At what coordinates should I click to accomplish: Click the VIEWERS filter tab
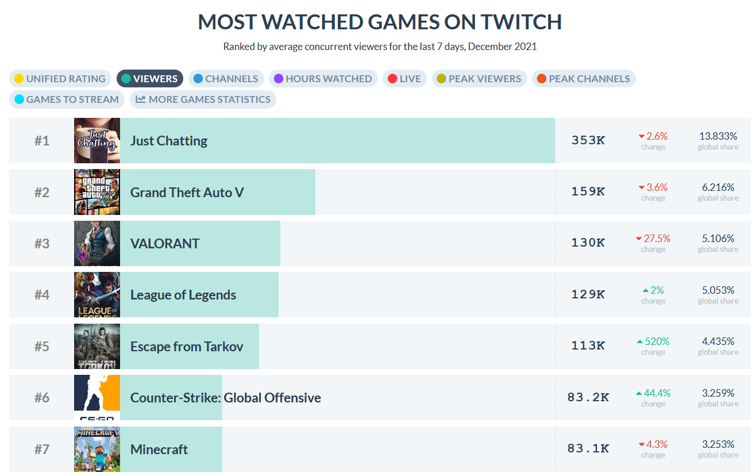[x=150, y=79]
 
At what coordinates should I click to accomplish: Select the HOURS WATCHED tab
[x=323, y=79]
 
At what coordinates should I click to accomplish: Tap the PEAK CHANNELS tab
[x=583, y=79]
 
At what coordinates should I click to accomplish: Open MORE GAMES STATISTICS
[x=203, y=99]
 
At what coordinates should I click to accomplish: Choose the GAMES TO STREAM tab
[x=66, y=99]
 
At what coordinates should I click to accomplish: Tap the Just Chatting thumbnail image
[x=97, y=141]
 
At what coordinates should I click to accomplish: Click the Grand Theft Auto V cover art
[x=97, y=192]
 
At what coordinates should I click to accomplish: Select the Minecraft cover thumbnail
[x=97, y=449]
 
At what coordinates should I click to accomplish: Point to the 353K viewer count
[x=588, y=140]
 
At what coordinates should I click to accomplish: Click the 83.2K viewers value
[x=588, y=397]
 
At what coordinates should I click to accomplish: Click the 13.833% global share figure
[x=718, y=136]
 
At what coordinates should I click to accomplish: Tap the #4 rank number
[x=41, y=295]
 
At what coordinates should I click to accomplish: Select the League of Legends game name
[x=183, y=295]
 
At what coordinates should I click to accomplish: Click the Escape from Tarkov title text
[x=187, y=347]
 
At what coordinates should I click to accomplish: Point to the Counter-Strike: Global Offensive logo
[x=97, y=398]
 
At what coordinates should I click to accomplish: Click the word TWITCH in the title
[x=521, y=22]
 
